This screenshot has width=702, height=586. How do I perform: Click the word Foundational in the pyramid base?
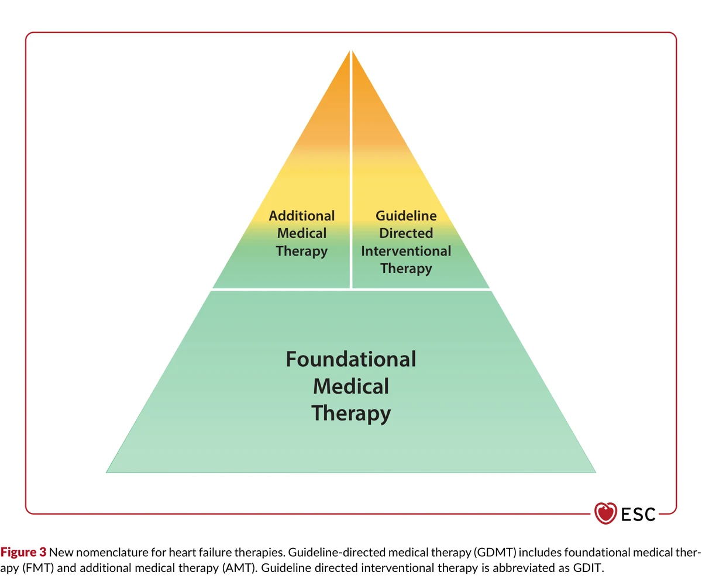[x=350, y=359]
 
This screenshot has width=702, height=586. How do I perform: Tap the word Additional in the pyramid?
[x=302, y=216]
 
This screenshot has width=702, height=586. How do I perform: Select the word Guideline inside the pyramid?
[x=406, y=216]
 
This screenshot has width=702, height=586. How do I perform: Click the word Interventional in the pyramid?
[x=406, y=251]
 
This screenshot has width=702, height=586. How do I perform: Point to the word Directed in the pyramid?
[x=406, y=233]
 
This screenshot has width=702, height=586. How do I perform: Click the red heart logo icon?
[x=605, y=513]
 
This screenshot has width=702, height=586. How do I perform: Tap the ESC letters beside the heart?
[x=638, y=514]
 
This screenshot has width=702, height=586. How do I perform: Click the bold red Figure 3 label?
[x=23, y=552]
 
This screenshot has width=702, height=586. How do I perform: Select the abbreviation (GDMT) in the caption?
[x=495, y=553]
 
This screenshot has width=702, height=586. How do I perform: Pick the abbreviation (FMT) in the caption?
[x=38, y=568]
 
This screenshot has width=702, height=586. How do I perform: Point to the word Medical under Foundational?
[x=351, y=386]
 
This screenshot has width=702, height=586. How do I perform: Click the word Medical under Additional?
[x=302, y=233]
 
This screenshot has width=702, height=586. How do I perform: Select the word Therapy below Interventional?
[x=406, y=269]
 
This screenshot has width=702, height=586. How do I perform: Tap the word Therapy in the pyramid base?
[x=351, y=414]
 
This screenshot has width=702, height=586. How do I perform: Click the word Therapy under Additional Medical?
[x=302, y=251]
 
